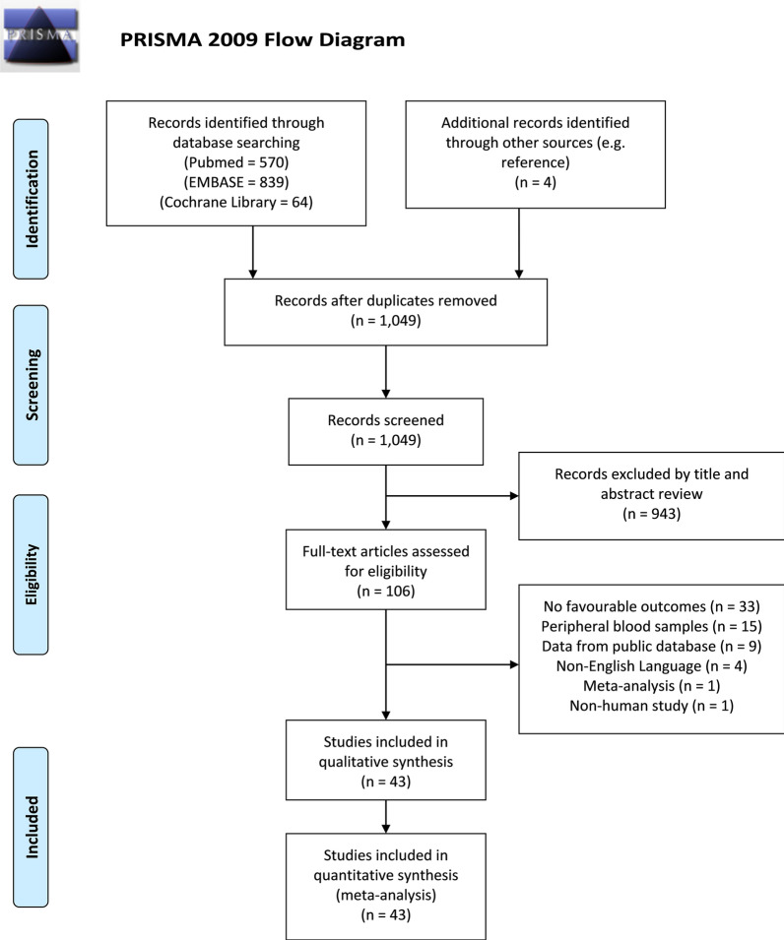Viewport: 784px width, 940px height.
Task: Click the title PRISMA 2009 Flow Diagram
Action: click(262, 41)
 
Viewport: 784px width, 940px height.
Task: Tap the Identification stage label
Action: click(35, 196)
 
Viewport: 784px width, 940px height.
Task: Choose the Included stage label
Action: click(35, 828)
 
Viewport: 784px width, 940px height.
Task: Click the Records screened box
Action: click(385, 430)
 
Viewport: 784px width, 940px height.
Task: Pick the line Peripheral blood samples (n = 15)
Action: click(652, 627)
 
